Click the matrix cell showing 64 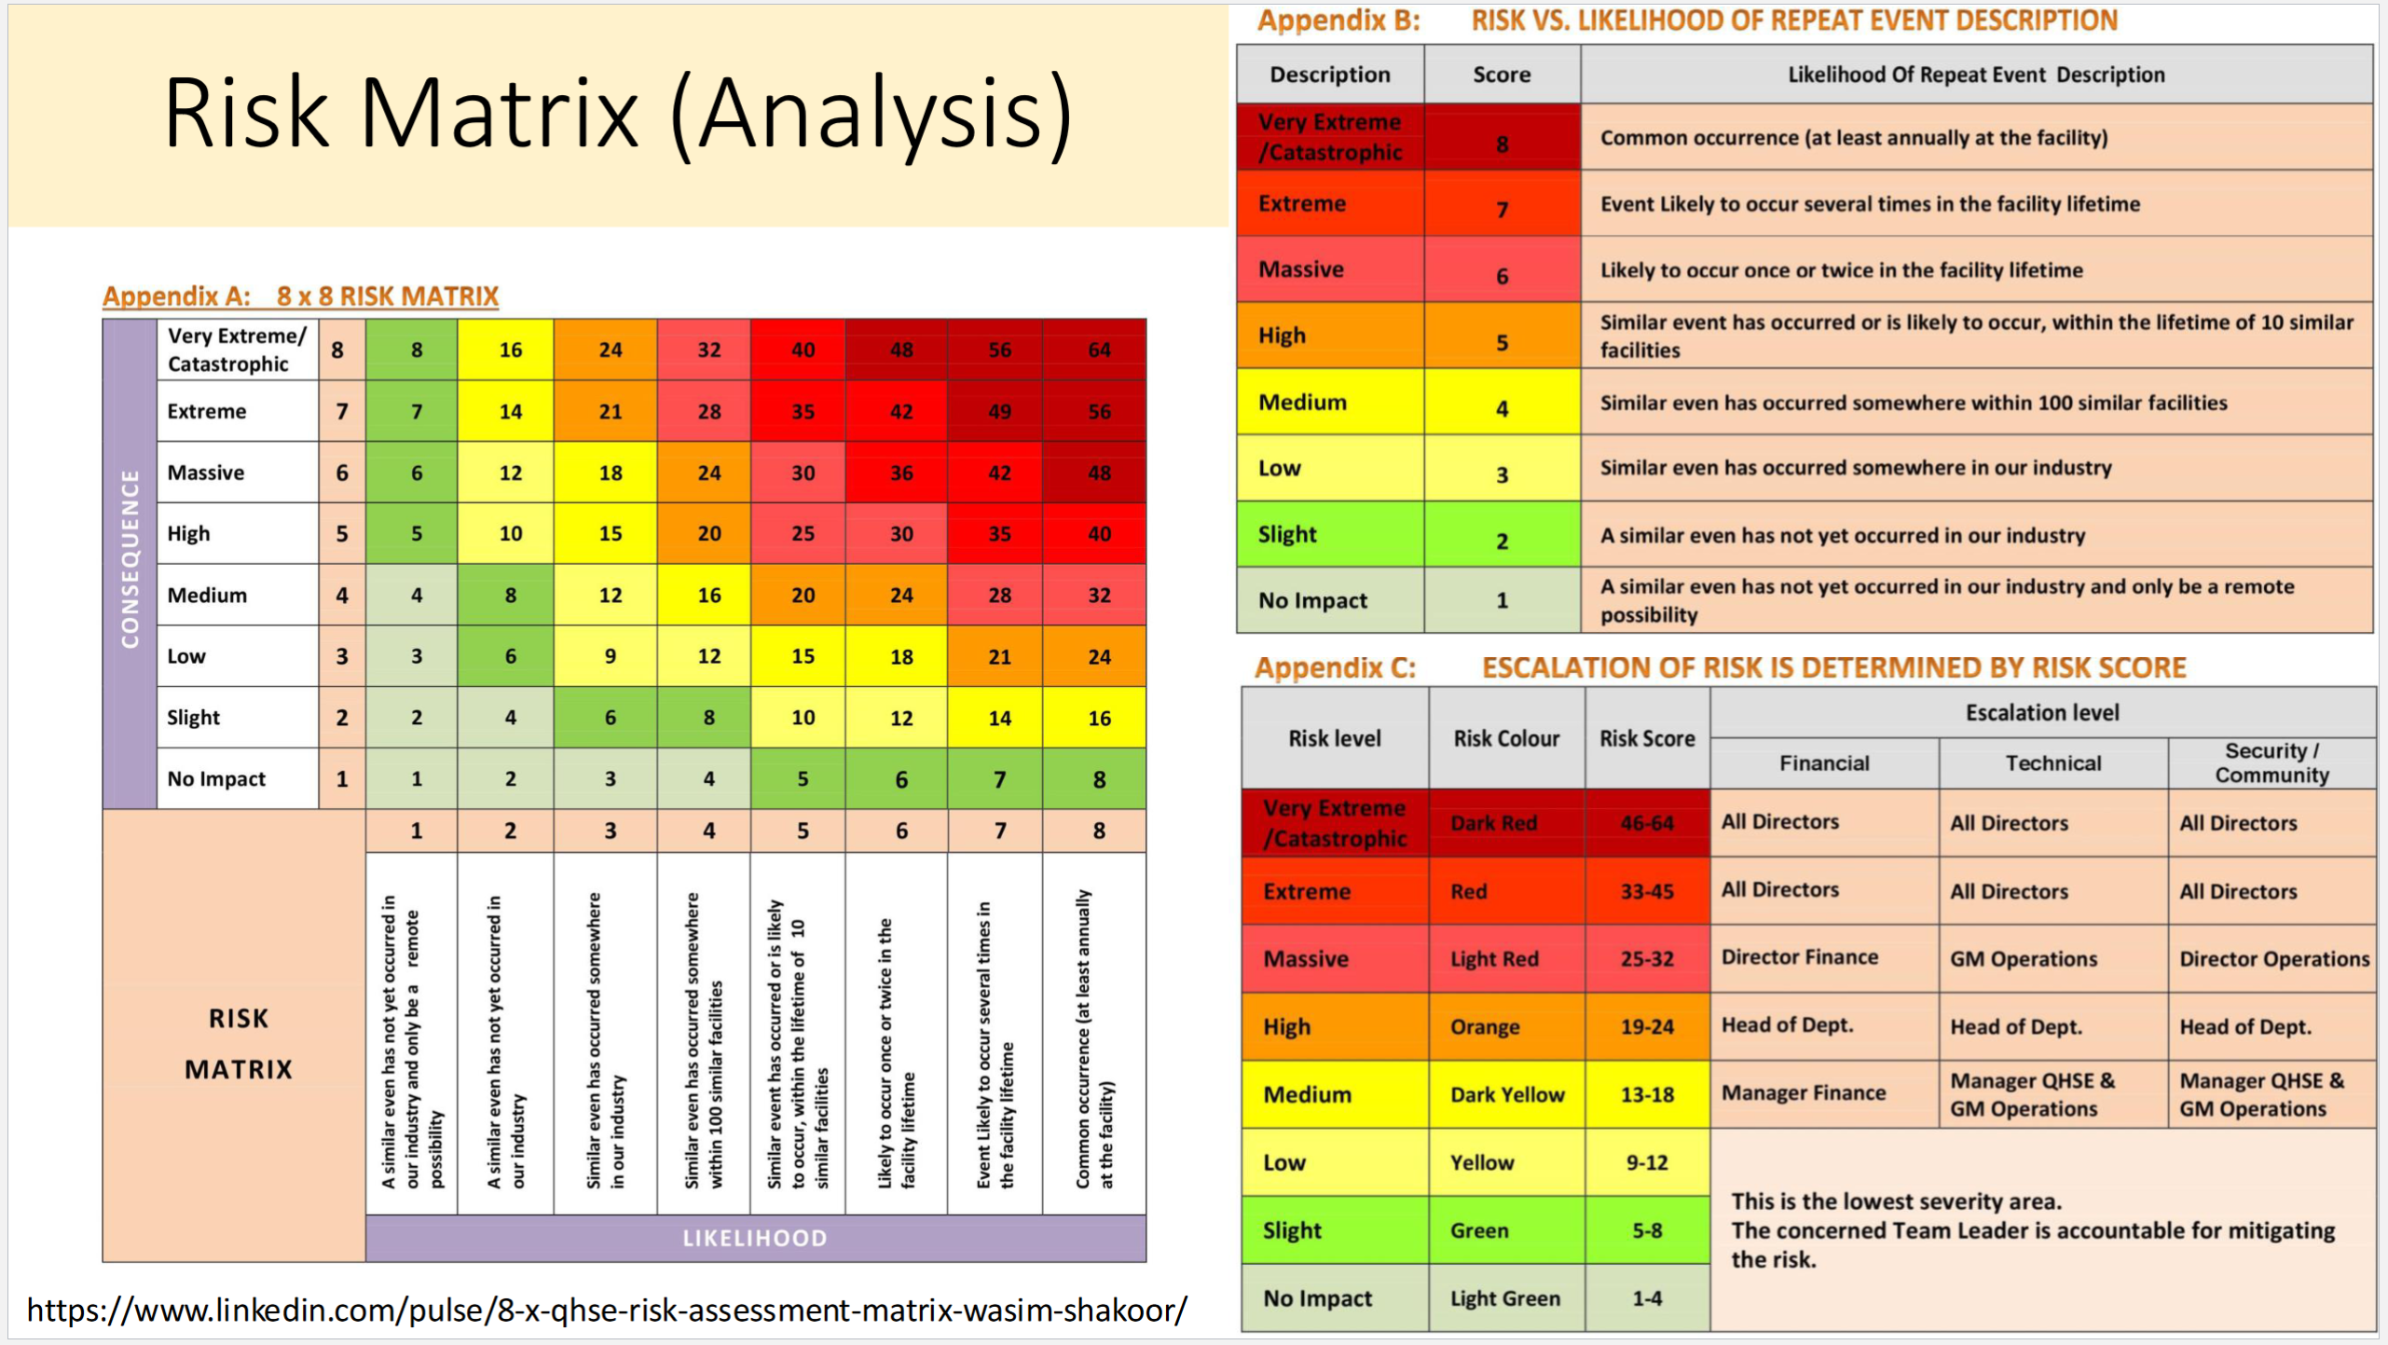point(1098,350)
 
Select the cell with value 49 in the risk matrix point(998,411)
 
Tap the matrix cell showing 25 point(802,533)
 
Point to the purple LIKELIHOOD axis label point(754,1238)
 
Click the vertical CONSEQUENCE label point(130,559)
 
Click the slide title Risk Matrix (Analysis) point(617,114)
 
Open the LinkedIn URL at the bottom point(607,1310)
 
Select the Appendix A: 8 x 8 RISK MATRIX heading point(300,296)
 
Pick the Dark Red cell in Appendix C point(1492,823)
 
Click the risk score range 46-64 point(1646,823)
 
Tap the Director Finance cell point(1799,957)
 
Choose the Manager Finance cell point(1803,1092)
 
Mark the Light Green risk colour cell point(1504,1298)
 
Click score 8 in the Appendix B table point(1502,144)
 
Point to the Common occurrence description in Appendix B point(1853,138)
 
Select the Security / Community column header point(2271,762)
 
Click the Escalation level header point(2041,712)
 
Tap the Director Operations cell point(2273,958)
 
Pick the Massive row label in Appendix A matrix point(206,473)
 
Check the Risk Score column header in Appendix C point(1646,738)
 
